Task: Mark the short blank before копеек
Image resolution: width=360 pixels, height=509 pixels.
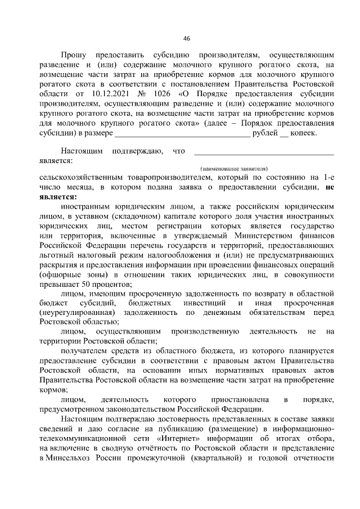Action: point(284,134)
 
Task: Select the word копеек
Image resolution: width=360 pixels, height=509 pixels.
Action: point(304,133)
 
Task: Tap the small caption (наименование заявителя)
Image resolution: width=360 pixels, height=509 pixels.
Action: point(234,168)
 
